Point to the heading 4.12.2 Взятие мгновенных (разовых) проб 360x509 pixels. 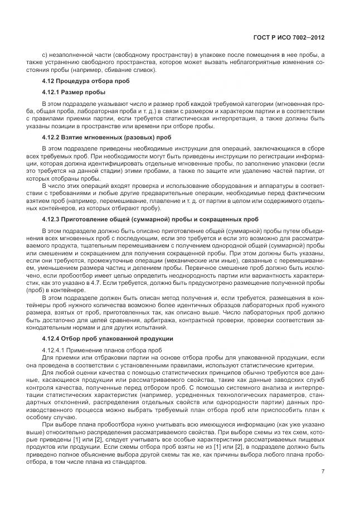click(100, 137)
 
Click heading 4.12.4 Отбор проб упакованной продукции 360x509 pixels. click(108, 338)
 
